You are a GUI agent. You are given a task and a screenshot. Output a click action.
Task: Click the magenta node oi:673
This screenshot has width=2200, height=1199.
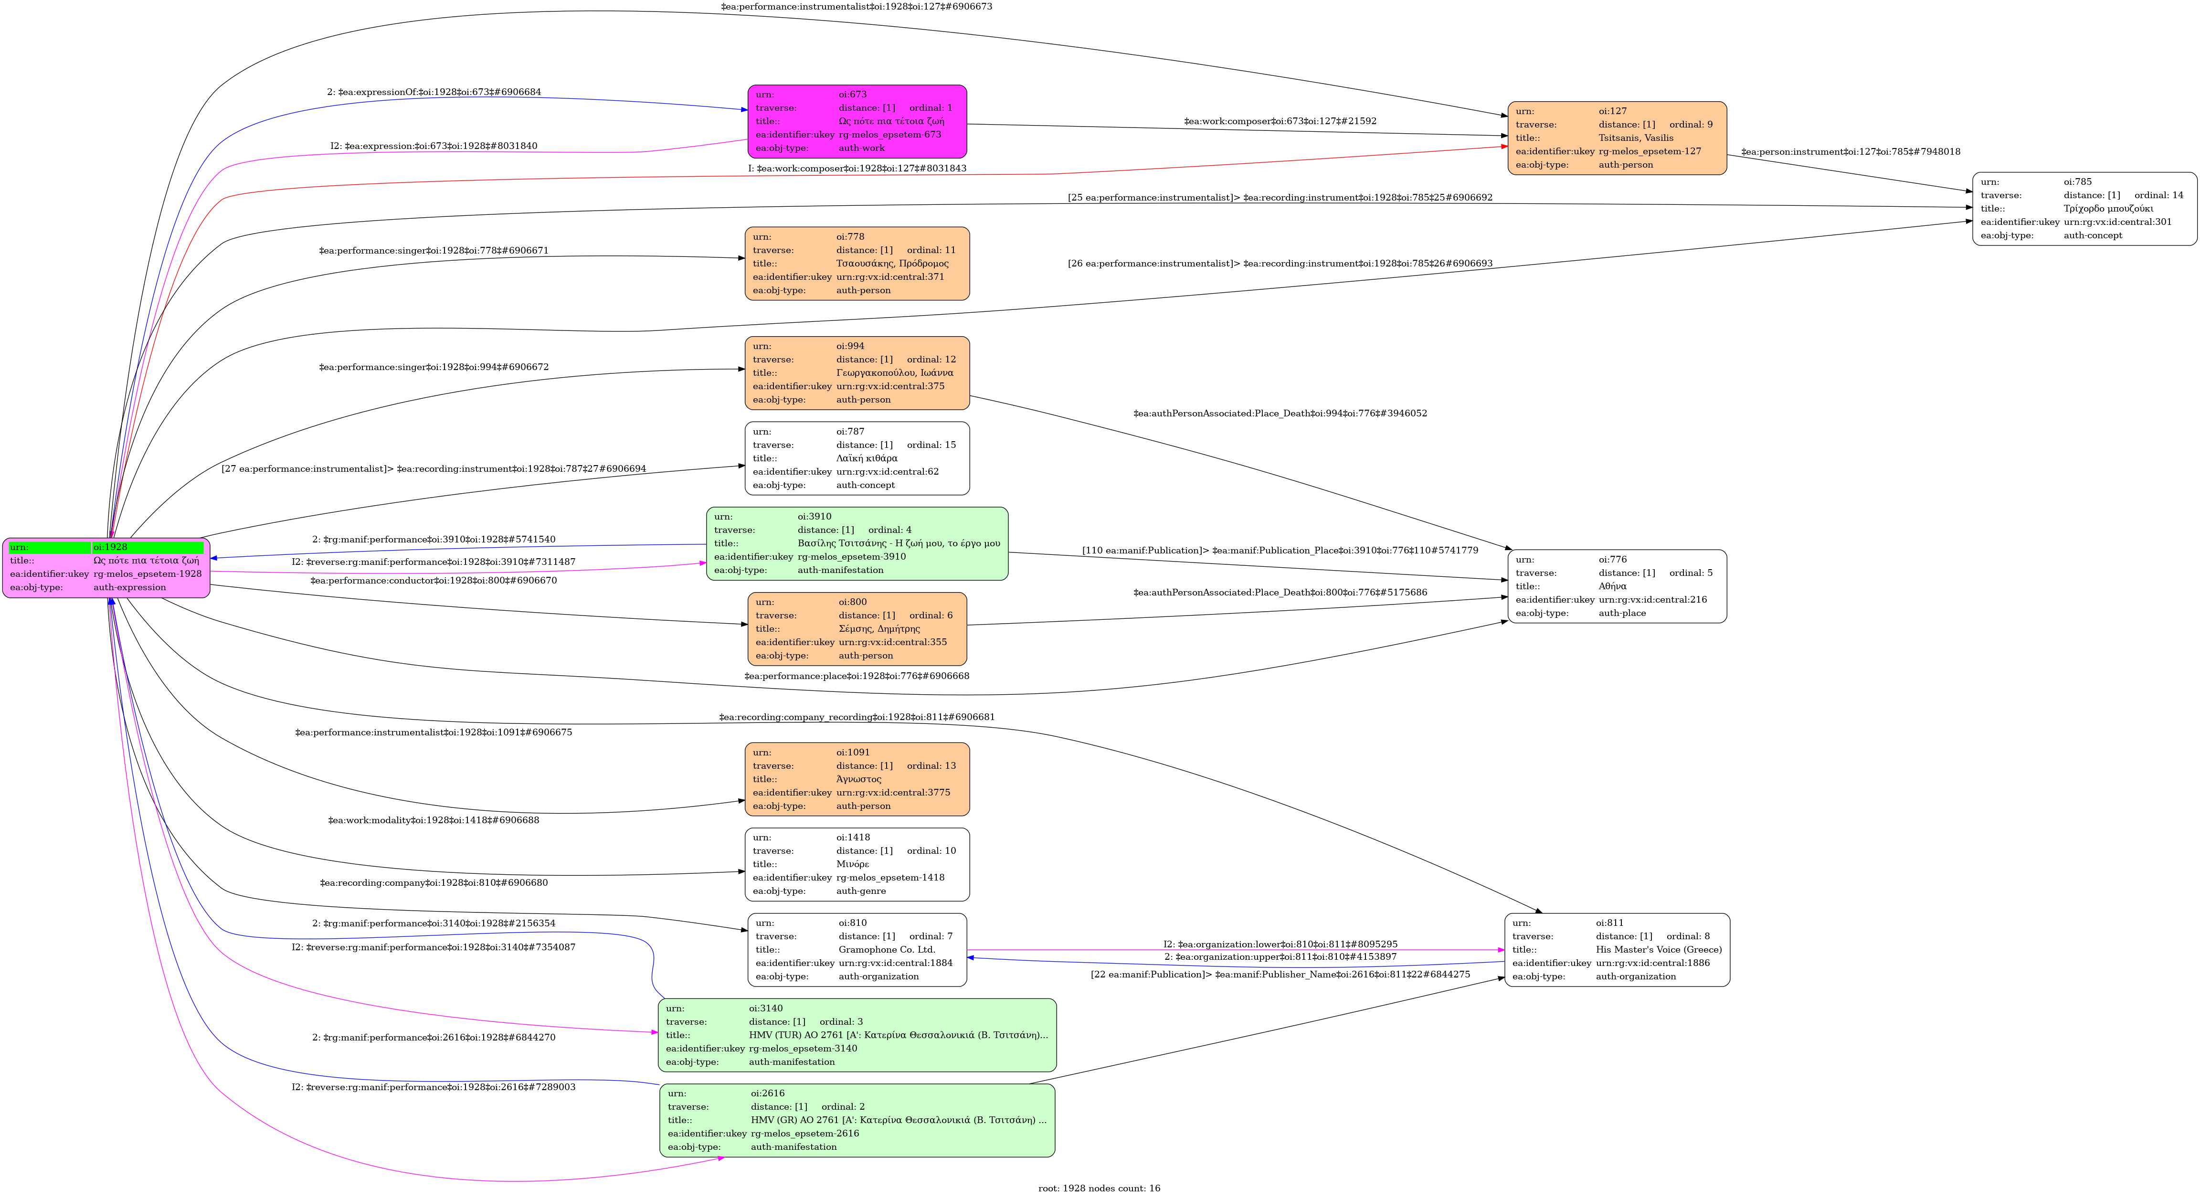[857, 121]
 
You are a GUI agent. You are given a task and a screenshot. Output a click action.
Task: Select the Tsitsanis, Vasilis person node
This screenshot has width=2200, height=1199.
[1617, 138]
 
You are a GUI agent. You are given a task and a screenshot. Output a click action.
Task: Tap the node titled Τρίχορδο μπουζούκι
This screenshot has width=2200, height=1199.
[2084, 208]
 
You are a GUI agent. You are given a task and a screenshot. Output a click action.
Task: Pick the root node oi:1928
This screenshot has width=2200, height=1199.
[106, 568]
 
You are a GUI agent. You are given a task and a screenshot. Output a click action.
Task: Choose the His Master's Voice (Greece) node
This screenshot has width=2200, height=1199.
[1617, 950]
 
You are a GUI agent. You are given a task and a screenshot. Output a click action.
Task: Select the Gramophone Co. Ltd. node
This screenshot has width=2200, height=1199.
[857, 950]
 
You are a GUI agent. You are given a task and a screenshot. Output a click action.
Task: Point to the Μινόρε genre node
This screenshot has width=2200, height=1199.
[857, 864]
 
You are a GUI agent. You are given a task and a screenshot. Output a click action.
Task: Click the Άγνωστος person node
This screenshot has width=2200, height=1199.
[857, 779]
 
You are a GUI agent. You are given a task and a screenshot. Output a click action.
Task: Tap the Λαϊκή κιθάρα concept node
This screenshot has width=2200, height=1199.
[857, 458]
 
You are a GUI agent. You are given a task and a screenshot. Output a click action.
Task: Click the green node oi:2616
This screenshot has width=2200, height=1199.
[857, 1120]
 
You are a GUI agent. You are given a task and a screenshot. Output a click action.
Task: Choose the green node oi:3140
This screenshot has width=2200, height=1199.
[857, 1035]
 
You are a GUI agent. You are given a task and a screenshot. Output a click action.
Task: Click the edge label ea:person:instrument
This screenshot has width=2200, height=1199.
[1851, 152]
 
